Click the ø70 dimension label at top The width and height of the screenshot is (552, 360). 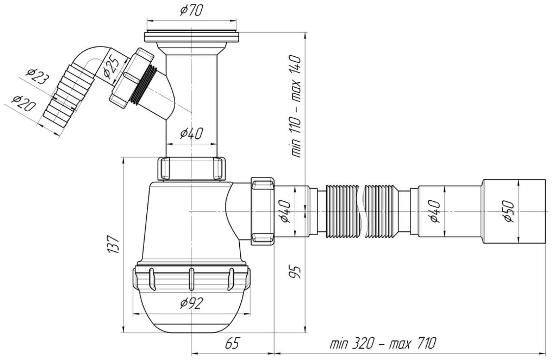pos(191,10)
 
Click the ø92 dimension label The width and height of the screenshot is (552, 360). pos(191,303)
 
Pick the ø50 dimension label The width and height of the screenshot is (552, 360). pos(508,211)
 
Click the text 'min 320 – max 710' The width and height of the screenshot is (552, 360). pos(383,343)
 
